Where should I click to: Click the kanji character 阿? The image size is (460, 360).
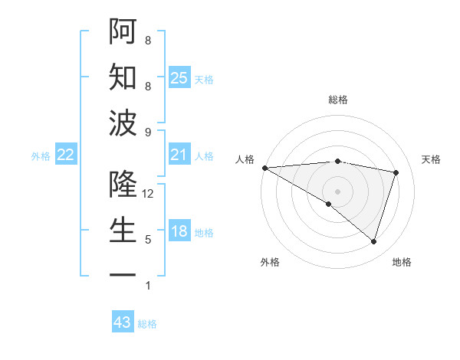click(x=122, y=31)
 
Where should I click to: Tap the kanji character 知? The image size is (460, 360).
click(x=122, y=77)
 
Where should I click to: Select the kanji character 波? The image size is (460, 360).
click(x=122, y=123)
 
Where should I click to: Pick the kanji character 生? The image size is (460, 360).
click(x=122, y=231)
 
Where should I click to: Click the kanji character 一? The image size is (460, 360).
click(x=122, y=274)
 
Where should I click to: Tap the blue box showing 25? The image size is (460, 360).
click(x=179, y=78)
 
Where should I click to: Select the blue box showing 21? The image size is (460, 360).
click(x=179, y=155)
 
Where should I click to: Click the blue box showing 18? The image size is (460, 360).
click(x=179, y=232)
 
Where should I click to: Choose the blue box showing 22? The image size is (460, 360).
click(x=66, y=155)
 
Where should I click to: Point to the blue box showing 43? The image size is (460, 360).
click(x=123, y=322)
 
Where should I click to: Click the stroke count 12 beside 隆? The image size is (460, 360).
click(x=148, y=195)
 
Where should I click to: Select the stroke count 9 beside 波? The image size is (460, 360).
click(x=148, y=133)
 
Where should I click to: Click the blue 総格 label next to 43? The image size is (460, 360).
click(x=147, y=324)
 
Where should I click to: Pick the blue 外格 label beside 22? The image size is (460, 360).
click(x=41, y=156)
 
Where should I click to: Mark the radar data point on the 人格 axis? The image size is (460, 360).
click(x=264, y=168)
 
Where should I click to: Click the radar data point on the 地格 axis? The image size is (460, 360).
click(x=373, y=241)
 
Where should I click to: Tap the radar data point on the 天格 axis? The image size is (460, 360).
click(x=396, y=172)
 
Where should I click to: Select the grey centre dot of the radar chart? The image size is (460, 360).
click(x=337, y=191)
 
